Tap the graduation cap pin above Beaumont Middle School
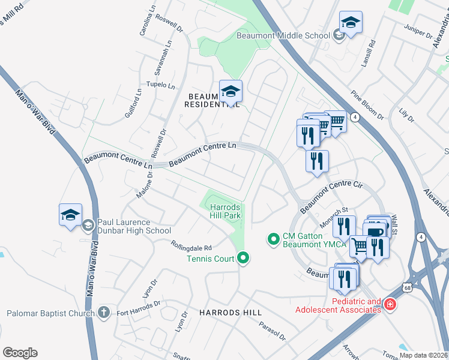[351, 23]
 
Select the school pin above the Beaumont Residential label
[231, 92]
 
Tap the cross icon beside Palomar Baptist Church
[104, 313]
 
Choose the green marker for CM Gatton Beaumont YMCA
[274, 239]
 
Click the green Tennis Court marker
[243, 259]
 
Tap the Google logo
[20, 353]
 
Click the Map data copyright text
[423, 355]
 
